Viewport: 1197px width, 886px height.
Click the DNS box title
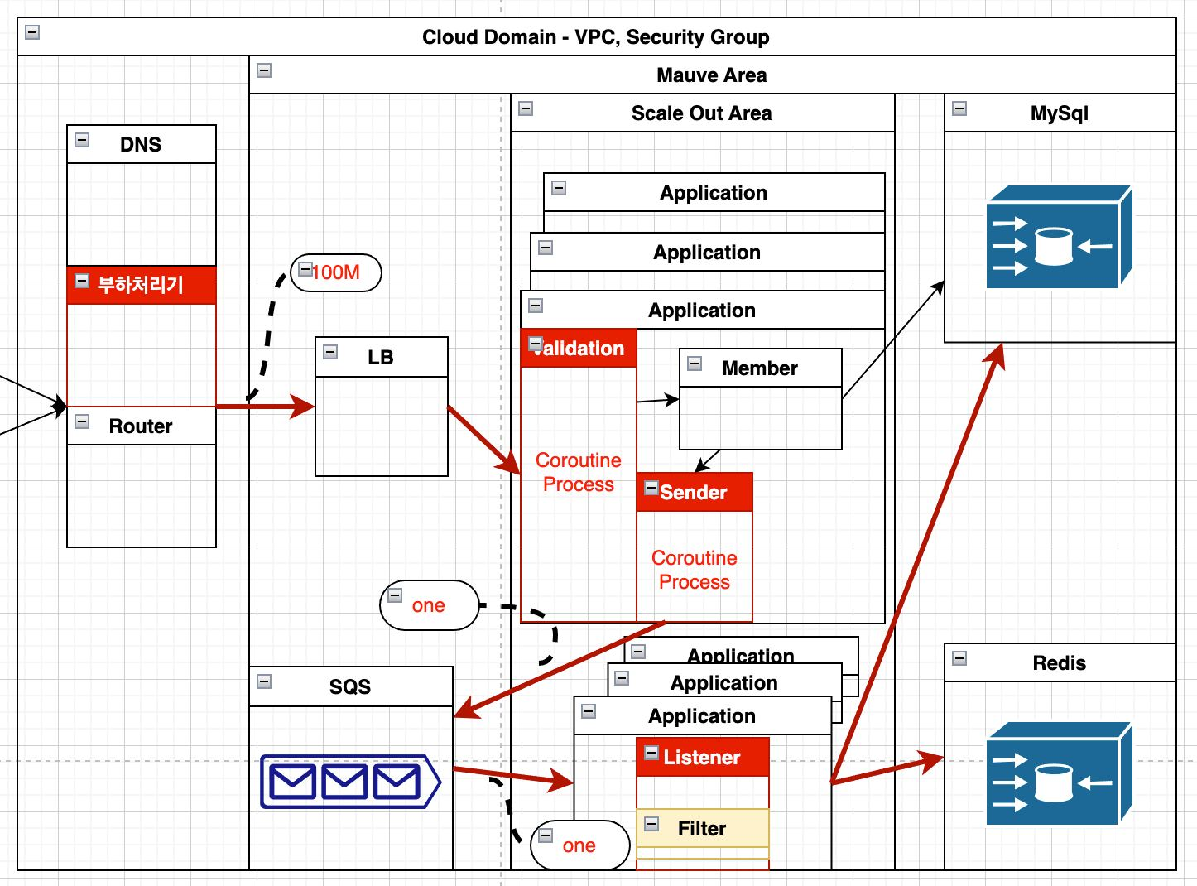click(141, 145)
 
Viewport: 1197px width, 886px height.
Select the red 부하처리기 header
click(141, 285)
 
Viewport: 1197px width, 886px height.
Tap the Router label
click(141, 426)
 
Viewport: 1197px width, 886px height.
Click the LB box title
click(381, 358)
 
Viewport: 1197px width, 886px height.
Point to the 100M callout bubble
click(336, 272)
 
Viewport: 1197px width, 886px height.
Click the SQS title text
click(350, 687)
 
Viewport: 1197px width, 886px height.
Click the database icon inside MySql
click(1058, 238)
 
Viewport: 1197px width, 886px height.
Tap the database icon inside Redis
click(1058, 774)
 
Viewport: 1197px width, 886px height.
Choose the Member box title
click(760, 368)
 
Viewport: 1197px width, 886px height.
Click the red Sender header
click(694, 493)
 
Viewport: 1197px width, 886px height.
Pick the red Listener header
click(702, 758)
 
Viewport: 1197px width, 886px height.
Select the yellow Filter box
click(702, 829)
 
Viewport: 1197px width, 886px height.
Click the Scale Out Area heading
click(701, 113)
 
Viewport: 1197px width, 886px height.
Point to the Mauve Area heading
click(711, 75)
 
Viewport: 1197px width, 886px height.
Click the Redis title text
click(1059, 663)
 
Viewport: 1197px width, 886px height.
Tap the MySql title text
click(1059, 113)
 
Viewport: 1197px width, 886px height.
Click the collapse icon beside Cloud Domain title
click(32, 32)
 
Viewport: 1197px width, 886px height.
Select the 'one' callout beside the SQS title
click(429, 605)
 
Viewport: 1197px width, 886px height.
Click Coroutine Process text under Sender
click(695, 570)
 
